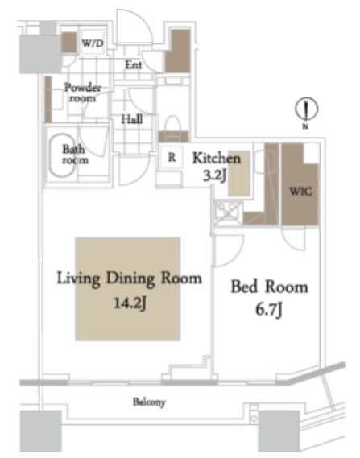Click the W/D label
93,43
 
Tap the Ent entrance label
134,65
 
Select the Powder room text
83,93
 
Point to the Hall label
132,119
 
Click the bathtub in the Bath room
62,155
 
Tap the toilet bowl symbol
173,125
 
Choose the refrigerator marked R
172,158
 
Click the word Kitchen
217,158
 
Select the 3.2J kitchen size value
214,175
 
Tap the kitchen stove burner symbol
228,212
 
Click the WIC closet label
300,192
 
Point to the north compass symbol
306,109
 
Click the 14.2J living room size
130,303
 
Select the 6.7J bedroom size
269,310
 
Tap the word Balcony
149,402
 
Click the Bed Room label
270,287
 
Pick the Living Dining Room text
129,279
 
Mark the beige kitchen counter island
239,174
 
